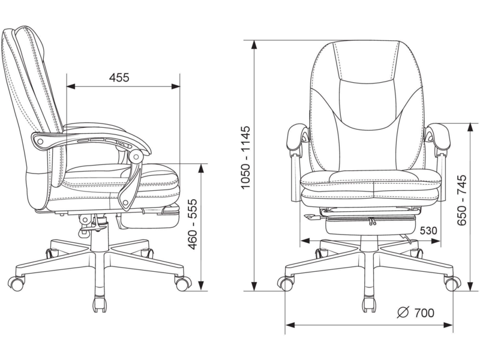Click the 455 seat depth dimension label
119,77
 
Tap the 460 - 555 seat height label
192,224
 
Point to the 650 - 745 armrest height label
461,200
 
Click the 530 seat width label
428,230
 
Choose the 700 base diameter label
424,313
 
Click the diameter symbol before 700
403,312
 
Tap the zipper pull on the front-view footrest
371,221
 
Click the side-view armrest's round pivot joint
136,157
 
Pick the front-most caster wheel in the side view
183,284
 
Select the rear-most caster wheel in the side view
16,283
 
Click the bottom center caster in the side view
100,304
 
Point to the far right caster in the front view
453,284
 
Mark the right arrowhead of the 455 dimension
176,86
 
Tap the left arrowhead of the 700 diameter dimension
290,325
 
